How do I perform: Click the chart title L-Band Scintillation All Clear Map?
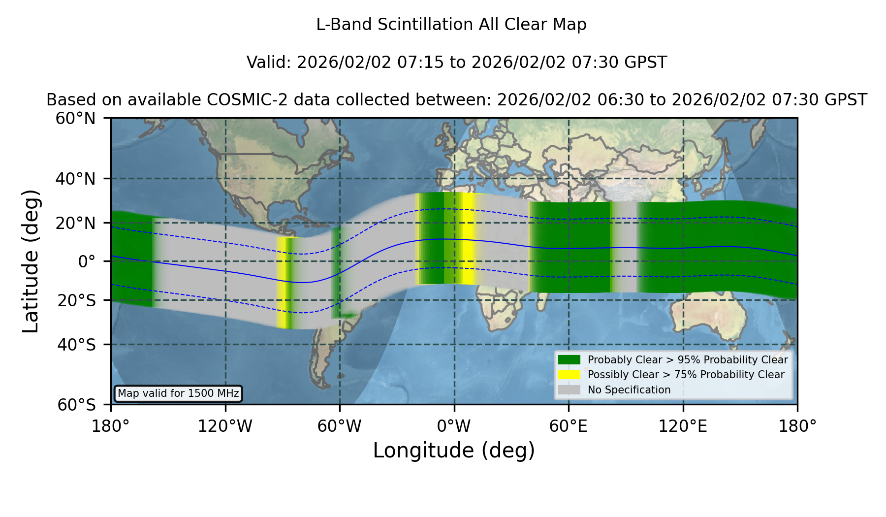pyautogui.click(x=451, y=25)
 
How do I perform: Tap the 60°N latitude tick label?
pyautogui.click(x=75, y=119)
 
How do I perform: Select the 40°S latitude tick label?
pyautogui.click(x=76, y=345)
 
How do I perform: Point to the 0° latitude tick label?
pyautogui.click(x=87, y=261)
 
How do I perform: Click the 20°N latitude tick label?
pyautogui.click(x=75, y=223)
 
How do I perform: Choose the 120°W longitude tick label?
pyautogui.click(x=225, y=426)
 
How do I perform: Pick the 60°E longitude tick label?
pyautogui.click(x=569, y=426)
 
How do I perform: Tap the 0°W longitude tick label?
pyautogui.click(x=454, y=426)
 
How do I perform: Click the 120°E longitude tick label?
pyautogui.click(x=683, y=426)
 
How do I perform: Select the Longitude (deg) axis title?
pyautogui.click(x=454, y=451)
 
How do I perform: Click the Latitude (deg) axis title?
pyautogui.click(x=31, y=261)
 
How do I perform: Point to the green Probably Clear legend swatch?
pyautogui.click(x=569, y=360)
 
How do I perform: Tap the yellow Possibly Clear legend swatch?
pyautogui.click(x=569, y=375)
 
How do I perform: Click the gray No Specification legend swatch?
pyautogui.click(x=569, y=390)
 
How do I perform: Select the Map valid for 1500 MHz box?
pyautogui.click(x=178, y=393)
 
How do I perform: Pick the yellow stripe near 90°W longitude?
pyautogui.click(x=282, y=283)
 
